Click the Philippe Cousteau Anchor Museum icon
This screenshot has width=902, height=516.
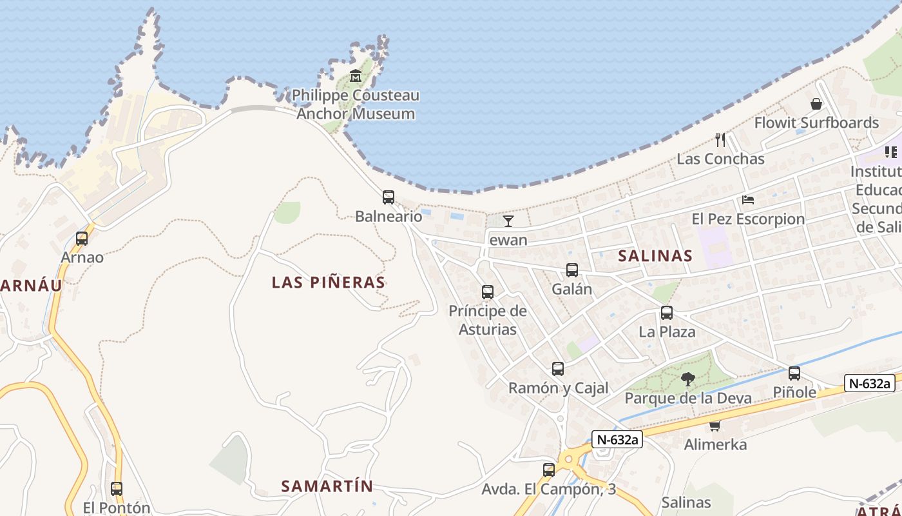pyautogui.click(x=356, y=76)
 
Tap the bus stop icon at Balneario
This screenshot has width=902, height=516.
pyautogui.click(x=388, y=197)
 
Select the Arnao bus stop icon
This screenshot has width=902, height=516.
pyautogui.click(x=82, y=239)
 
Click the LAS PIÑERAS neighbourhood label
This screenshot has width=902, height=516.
pyautogui.click(x=328, y=283)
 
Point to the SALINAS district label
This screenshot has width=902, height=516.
pyautogui.click(x=655, y=256)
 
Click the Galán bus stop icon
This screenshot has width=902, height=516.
pyautogui.click(x=571, y=270)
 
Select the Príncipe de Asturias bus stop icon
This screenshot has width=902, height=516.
pyautogui.click(x=488, y=292)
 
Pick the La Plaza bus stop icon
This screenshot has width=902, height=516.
pyautogui.click(x=667, y=313)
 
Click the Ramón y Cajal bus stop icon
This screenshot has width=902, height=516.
pyautogui.click(x=558, y=369)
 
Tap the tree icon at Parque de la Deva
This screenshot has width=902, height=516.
pyautogui.click(x=688, y=379)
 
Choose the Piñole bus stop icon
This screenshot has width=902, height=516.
pyautogui.click(x=794, y=373)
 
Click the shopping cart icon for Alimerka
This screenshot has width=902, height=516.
pyautogui.click(x=715, y=426)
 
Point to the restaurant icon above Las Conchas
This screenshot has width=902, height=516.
pyautogui.click(x=720, y=139)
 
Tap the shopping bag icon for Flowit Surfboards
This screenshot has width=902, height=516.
pyautogui.click(x=816, y=104)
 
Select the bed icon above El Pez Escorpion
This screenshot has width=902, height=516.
pyautogui.click(x=748, y=200)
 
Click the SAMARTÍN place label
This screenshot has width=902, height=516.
pyautogui.click(x=327, y=486)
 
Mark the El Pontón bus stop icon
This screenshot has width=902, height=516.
pyautogui.click(x=116, y=489)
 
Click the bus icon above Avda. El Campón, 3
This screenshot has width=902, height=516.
pyautogui.click(x=549, y=470)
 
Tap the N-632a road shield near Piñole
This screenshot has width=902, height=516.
pyautogui.click(x=870, y=383)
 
